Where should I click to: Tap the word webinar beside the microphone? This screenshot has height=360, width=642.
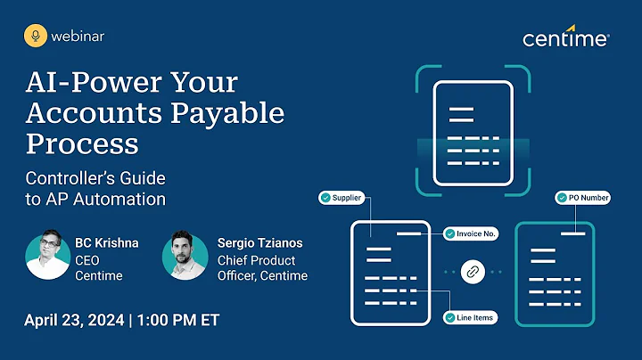[77, 37]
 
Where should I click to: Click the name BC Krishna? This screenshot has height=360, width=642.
[106, 242]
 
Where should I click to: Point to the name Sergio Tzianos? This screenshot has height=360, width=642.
[259, 242]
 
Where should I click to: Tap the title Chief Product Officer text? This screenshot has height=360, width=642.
[262, 267]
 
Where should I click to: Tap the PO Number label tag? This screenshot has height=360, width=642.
[582, 197]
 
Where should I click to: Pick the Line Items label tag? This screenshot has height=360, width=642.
[469, 317]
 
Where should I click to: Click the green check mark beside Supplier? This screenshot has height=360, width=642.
[325, 197]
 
